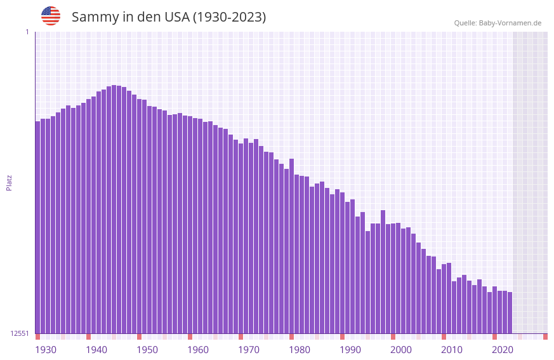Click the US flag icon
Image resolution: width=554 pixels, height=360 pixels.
click(51, 16)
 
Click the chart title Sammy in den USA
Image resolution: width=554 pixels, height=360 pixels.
click(169, 17)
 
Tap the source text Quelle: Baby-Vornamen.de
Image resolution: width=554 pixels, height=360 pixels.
click(498, 23)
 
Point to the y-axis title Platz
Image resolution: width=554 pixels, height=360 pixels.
click(9, 182)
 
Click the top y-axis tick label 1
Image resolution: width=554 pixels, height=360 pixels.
click(27, 32)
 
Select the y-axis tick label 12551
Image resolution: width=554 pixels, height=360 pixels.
click(20, 333)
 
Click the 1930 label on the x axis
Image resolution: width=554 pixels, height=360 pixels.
click(46, 350)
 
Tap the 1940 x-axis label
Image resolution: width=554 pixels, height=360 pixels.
click(96, 350)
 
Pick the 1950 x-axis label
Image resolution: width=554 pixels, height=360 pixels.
click(147, 350)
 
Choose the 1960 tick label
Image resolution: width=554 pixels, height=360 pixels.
click(198, 350)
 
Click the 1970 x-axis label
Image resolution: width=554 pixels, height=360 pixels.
click(249, 350)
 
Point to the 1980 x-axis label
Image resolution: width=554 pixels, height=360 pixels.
click(300, 350)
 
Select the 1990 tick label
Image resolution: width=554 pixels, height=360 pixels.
click(350, 350)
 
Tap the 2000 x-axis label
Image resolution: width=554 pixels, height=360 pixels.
click(401, 350)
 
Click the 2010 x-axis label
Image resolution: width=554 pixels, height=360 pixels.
click(452, 350)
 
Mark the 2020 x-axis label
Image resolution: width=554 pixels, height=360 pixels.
click(503, 350)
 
